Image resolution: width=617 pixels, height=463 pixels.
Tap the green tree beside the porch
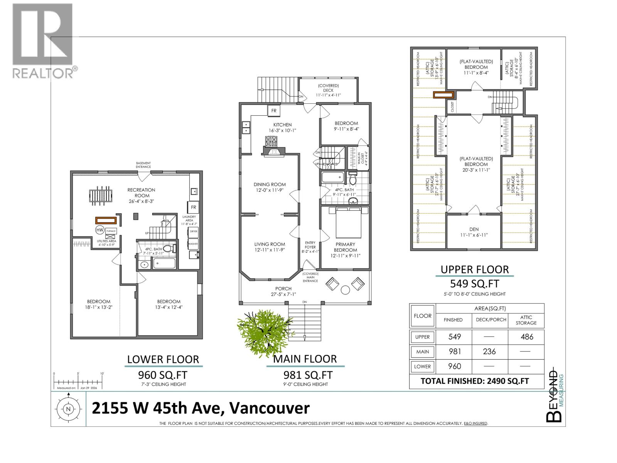[x=264, y=330]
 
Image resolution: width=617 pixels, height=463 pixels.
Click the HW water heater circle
[x=99, y=230]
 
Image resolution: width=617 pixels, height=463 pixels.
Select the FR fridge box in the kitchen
[x=274, y=111]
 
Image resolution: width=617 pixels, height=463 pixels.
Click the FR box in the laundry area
[x=193, y=207]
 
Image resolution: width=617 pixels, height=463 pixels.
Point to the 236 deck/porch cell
[x=489, y=351]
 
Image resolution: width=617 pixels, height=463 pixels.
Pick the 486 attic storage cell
[x=526, y=336]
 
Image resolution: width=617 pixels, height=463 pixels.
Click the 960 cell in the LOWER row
[x=454, y=366]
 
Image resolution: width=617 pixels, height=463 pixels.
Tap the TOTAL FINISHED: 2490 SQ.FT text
[x=475, y=381]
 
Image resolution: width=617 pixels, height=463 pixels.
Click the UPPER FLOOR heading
[x=475, y=269]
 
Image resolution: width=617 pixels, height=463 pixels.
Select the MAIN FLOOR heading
[x=305, y=359]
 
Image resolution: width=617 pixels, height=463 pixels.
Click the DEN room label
[x=474, y=229]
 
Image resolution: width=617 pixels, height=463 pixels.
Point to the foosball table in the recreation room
[x=102, y=196]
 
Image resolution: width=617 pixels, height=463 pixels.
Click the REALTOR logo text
[x=43, y=73]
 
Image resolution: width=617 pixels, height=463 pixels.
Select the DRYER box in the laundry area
[x=193, y=231]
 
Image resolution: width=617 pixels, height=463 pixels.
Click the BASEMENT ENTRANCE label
[x=143, y=165]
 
